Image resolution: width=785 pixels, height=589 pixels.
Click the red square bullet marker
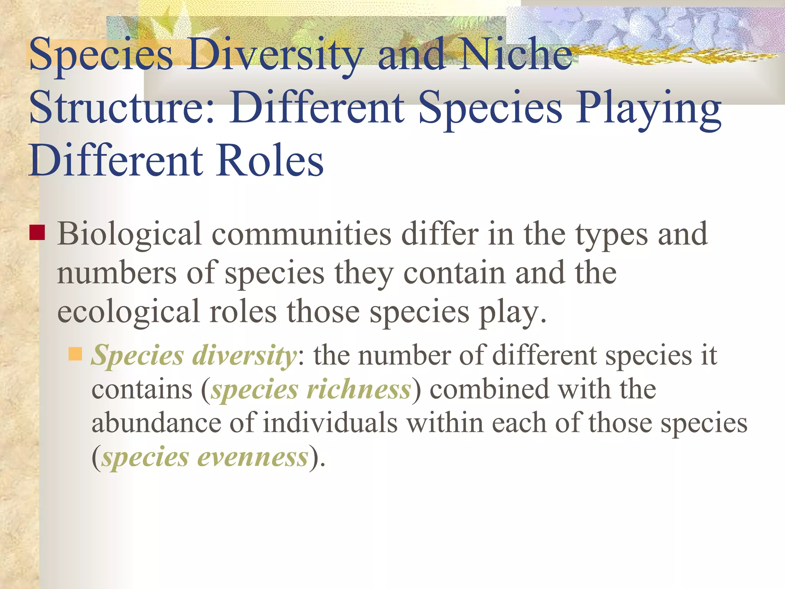click(x=37, y=232)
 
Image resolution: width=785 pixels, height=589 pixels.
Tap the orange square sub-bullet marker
click(x=75, y=354)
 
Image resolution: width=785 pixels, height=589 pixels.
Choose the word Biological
click(x=130, y=235)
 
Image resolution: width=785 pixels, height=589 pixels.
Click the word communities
click(x=301, y=235)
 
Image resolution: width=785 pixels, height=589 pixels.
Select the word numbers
click(x=117, y=273)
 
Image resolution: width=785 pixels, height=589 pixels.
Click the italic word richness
click(x=359, y=390)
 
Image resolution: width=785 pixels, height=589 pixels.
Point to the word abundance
click(x=156, y=423)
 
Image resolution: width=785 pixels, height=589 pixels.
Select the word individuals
click(x=330, y=423)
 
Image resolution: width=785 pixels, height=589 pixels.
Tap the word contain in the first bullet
click(x=455, y=273)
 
